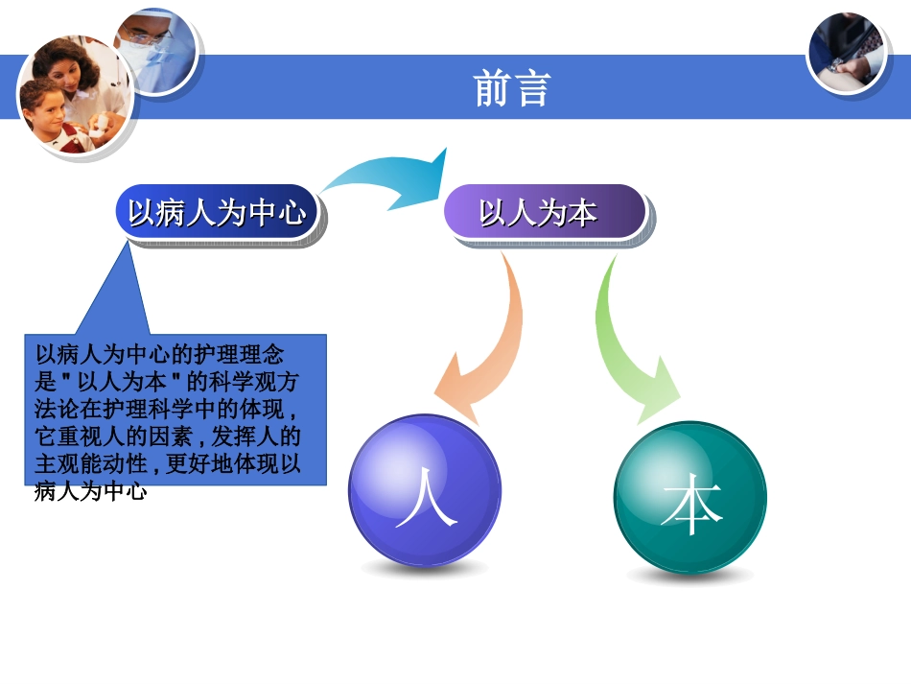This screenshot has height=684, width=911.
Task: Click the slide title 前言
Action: [512, 88]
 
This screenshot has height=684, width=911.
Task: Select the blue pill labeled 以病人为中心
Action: [217, 212]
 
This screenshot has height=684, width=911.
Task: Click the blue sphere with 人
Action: [424, 489]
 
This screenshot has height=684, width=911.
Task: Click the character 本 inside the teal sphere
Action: [690, 506]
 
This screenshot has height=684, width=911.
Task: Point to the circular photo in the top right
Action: [846, 53]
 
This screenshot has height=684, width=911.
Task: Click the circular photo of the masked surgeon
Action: [155, 48]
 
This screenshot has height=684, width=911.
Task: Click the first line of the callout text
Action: [159, 351]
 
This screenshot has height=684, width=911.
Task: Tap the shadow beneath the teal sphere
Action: [689, 576]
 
